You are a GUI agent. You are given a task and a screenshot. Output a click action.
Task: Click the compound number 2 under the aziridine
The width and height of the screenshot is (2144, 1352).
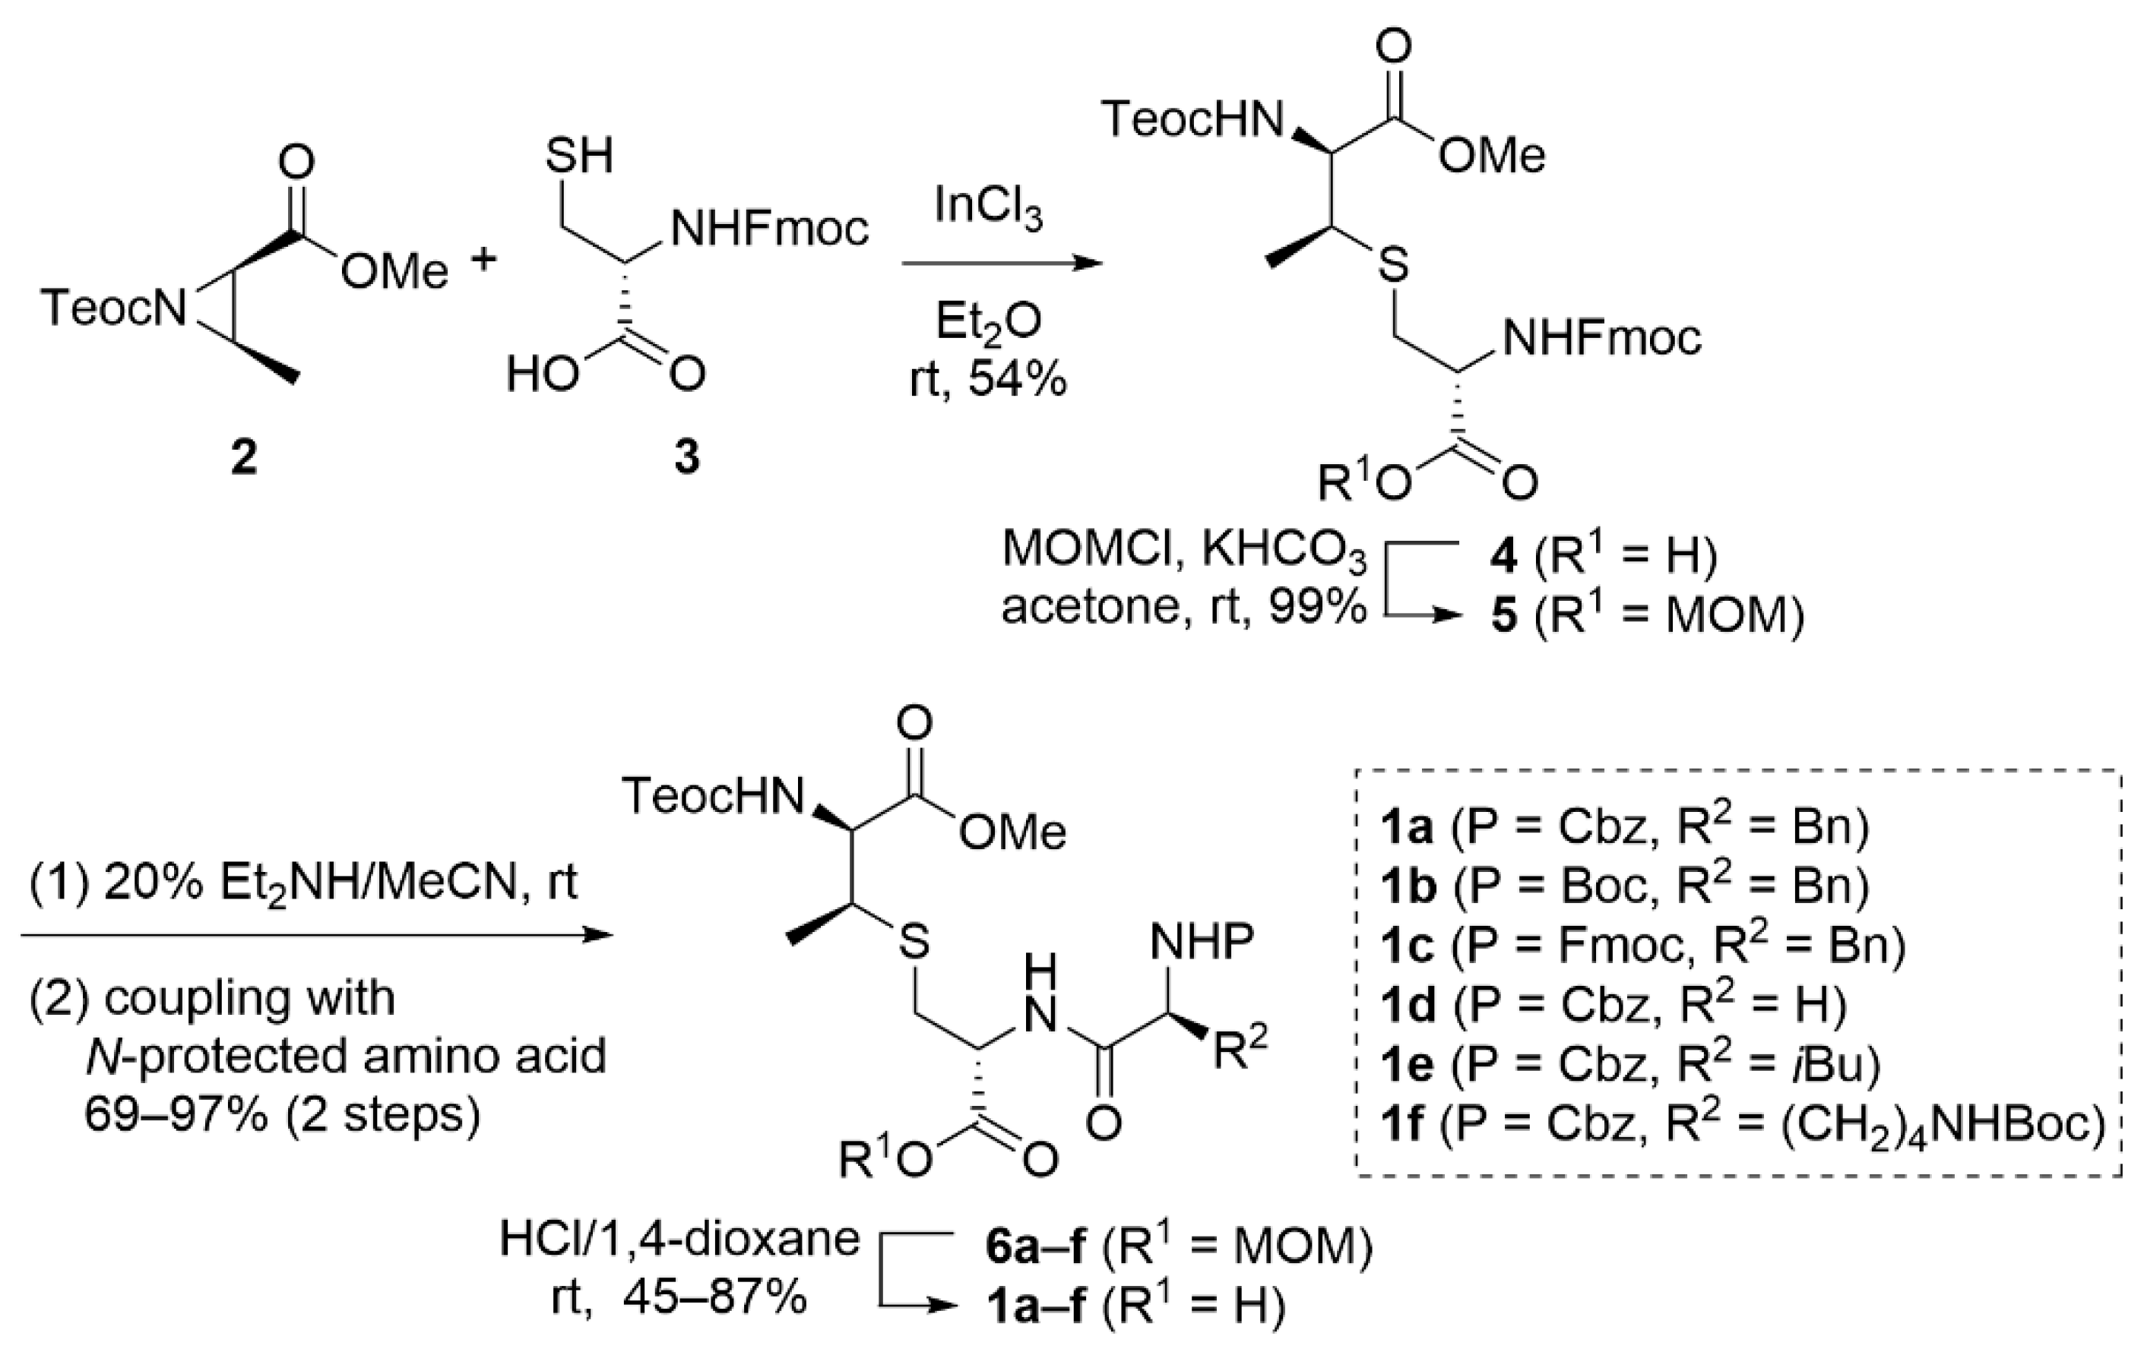point(243,458)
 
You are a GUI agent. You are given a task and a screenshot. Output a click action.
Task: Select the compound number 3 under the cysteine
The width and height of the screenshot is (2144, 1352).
point(686,458)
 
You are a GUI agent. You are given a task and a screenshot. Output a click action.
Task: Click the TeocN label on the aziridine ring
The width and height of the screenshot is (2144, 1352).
point(115,309)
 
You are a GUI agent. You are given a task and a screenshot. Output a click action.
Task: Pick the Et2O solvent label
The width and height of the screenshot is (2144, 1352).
point(987,323)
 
